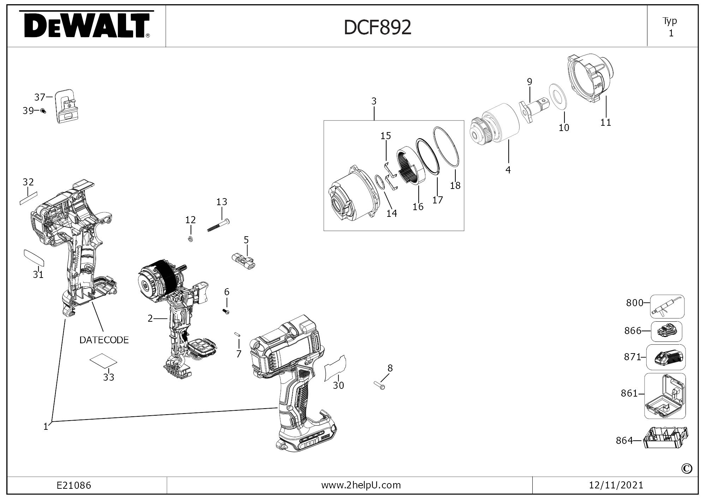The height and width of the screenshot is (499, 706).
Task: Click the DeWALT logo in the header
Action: (x=86, y=25)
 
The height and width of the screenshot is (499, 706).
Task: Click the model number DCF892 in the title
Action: (x=377, y=27)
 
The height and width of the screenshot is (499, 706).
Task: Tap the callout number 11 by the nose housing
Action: (x=605, y=123)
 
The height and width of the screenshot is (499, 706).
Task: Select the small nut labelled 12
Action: (x=190, y=239)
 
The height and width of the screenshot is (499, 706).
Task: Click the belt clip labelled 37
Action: (x=67, y=106)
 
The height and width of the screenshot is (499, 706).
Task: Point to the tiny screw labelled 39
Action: (x=43, y=111)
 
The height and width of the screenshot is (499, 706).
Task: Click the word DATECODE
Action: (x=104, y=340)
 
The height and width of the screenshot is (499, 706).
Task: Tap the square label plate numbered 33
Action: (x=103, y=360)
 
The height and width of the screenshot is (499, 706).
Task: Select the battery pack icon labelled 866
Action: (x=666, y=332)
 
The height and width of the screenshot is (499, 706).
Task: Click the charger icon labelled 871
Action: (x=666, y=357)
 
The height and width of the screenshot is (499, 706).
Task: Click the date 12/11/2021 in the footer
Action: (x=616, y=485)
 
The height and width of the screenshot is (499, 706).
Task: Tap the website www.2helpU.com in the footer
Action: (x=361, y=485)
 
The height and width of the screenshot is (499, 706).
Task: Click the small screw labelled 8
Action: (x=379, y=385)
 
